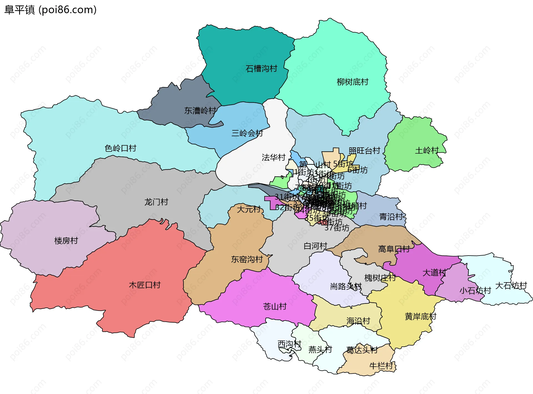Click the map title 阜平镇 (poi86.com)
point(50,10)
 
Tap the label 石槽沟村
point(261,68)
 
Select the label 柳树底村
point(352,82)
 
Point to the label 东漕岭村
point(200,111)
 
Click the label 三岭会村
point(247,133)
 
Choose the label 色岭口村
point(120,148)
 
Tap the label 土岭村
point(427,150)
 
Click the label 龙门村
point(156,202)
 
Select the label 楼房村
point(66,241)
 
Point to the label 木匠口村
point(145,285)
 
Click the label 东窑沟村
point(247,259)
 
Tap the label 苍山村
point(275,306)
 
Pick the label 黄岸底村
point(420,316)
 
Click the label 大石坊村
point(511,286)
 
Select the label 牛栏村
point(381,366)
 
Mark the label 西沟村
point(289,344)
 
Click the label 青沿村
point(391,217)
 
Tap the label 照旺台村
point(364,151)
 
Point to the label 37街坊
point(337,228)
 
